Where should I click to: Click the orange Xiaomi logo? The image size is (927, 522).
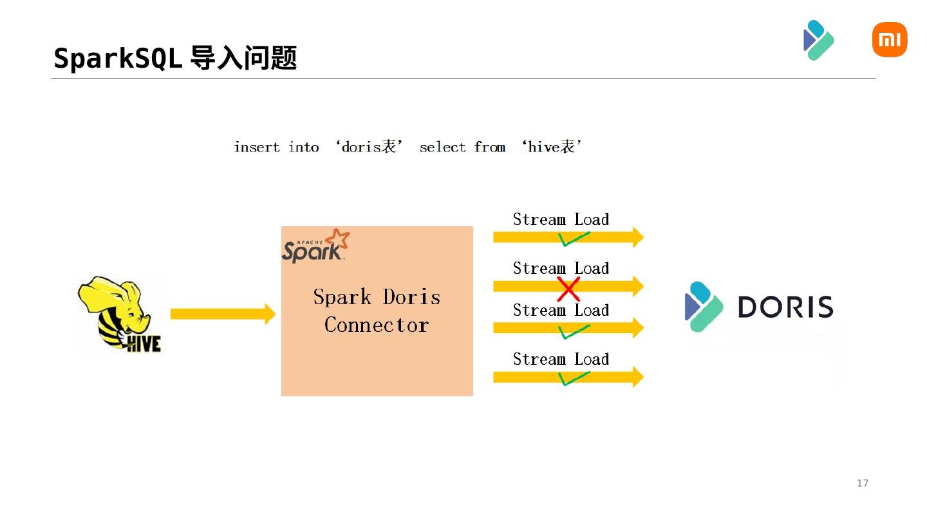pyautogui.click(x=889, y=39)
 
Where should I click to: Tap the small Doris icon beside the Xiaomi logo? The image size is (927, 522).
pyautogui.click(x=819, y=40)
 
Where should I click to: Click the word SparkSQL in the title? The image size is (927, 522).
pyautogui.click(x=118, y=58)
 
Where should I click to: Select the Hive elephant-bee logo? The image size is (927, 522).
pyautogui.click(x=120, y=314)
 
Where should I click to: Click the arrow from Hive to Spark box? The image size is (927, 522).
pyautogui.click(x=222, y=314)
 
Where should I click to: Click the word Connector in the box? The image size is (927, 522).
pyautogui.click(x=377, y=325)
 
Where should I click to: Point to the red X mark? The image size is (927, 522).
pyautogui.click(x=568, y=289)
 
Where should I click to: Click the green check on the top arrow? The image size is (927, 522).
pyautogui.click(x=573, y=239)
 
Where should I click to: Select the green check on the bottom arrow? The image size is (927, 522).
pyautogui.click(x=573, y=378)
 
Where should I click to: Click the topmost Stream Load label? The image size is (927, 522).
pyautogui.click(x=561, y=219)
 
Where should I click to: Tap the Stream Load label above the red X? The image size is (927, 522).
pyautogui.click(x=561, y=268)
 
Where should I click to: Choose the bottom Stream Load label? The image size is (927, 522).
pyautogui.click(x=561, y=359)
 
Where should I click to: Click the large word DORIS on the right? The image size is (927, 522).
pyautogui.click(x=785, y=307)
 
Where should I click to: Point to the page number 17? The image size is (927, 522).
pyautogui.click(x=863, y=483)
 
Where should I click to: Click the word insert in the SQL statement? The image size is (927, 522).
pyautogui.click(x=256, y=148)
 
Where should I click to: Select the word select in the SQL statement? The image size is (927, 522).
pyautogui.click(x=442, y=148)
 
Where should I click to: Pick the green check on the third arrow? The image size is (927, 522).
pyautogui.click(x=573, y=331)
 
